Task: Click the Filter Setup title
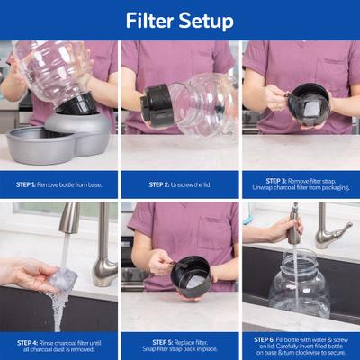tap(179, 20)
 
